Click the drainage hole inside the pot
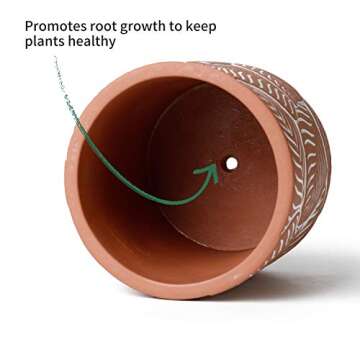click(231, 162)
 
